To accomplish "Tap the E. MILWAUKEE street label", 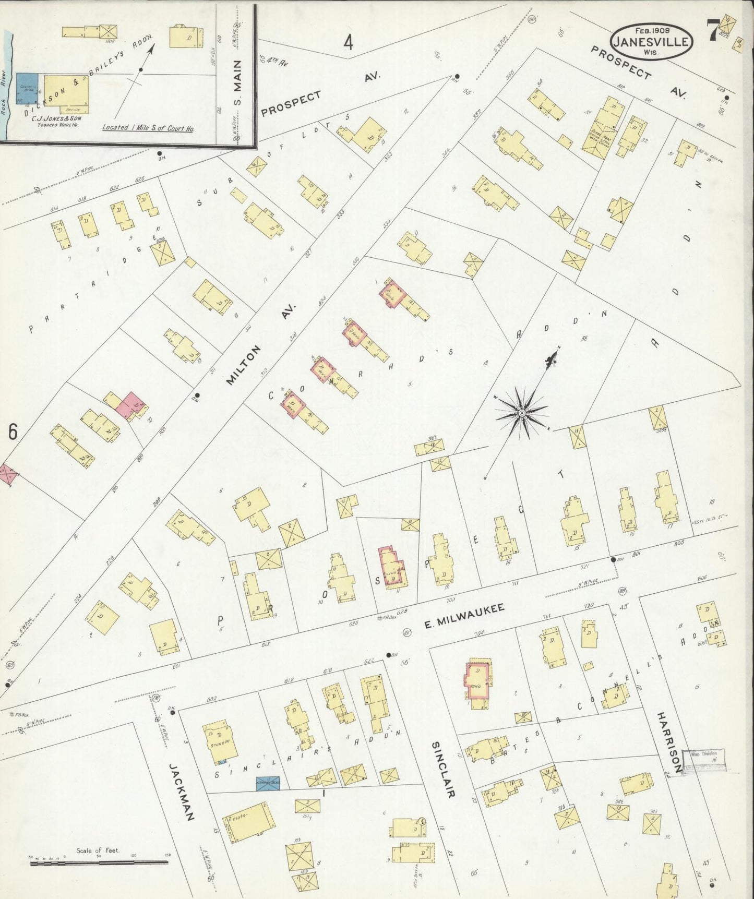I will [x=464, y=615].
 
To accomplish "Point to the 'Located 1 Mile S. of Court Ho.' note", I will [x=147, y=127].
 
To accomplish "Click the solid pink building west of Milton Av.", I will [x=130, y=405].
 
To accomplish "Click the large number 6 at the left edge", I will [x=13, y=432].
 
